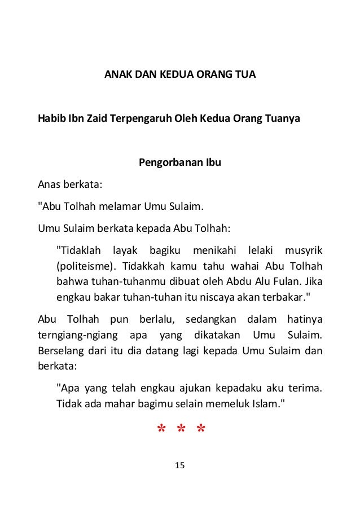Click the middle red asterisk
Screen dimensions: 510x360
point(181,431)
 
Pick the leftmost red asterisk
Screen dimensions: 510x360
point(160,431)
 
